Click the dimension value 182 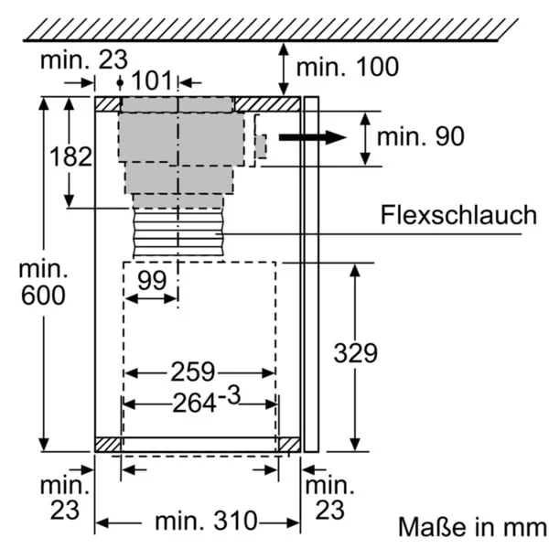(x=70, y=156)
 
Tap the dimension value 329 (x=355, y=353)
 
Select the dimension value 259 (x=192, y=371)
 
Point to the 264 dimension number (x=194, y=404)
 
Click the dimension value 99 (x=152, y=280)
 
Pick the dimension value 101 (x=152, y=81)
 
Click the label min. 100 (x=348, y=67)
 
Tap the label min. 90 (x=421, y=136)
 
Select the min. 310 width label (x=206, y=521)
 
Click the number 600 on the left (x=43, y=296)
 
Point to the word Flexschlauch (x=458, y=215)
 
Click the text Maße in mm (x=472, y=526)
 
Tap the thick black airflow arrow (x=312, y=137)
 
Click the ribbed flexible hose (x=178, y=232)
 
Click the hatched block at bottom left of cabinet (x=108, y=445)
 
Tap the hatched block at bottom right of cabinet (x=289, y=445)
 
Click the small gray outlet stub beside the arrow (x=261, y=146)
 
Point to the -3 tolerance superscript (x=230, y=395)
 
